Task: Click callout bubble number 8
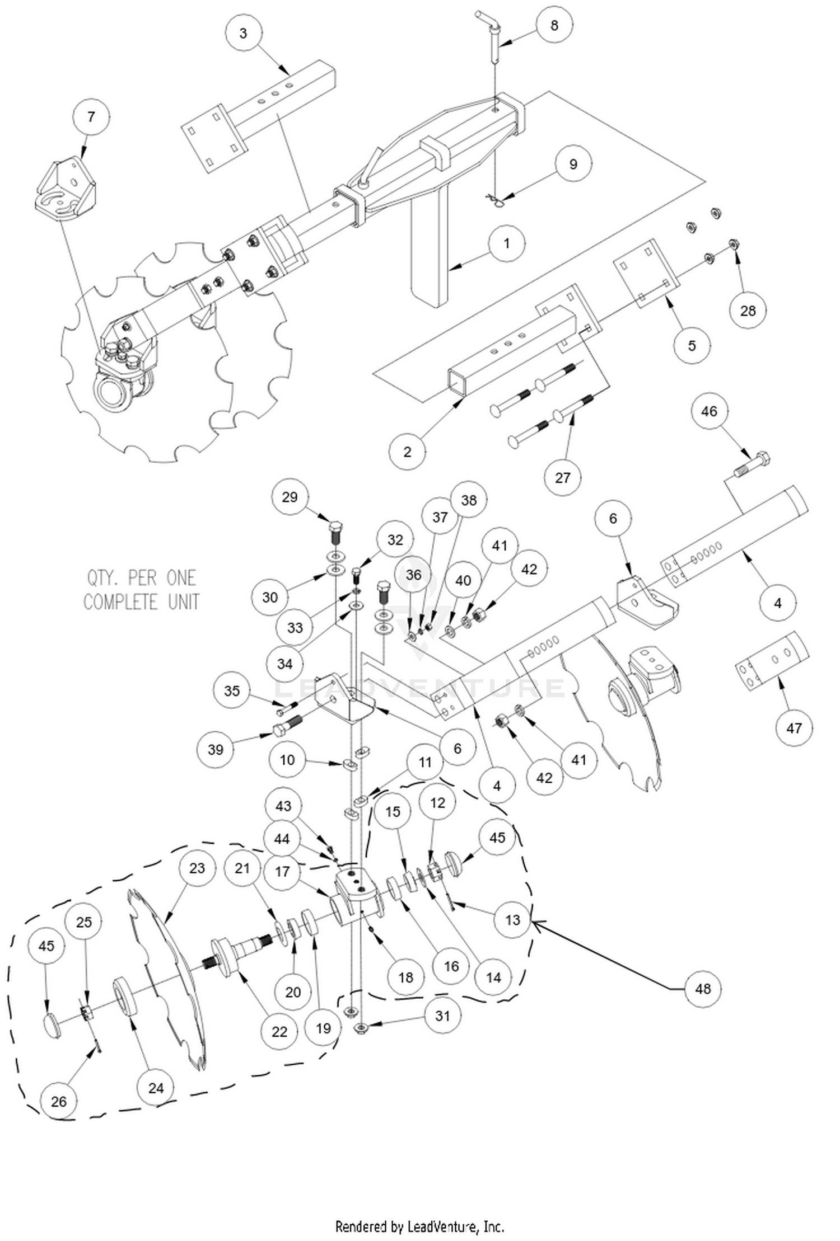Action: tap(554, 25)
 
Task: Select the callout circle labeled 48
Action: tap(702, 989)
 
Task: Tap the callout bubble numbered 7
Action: tap(91, 117)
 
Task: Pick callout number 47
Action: tap(794, 728)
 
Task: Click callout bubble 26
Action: tap(59, 1101)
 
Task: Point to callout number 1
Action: tap(506, 243)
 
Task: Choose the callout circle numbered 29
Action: tap(290, 497)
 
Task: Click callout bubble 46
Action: tap(708, 411)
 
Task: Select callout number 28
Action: tap(748, 311)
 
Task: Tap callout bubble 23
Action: tap(197, 868)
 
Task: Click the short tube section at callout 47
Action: tap(772, 659)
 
